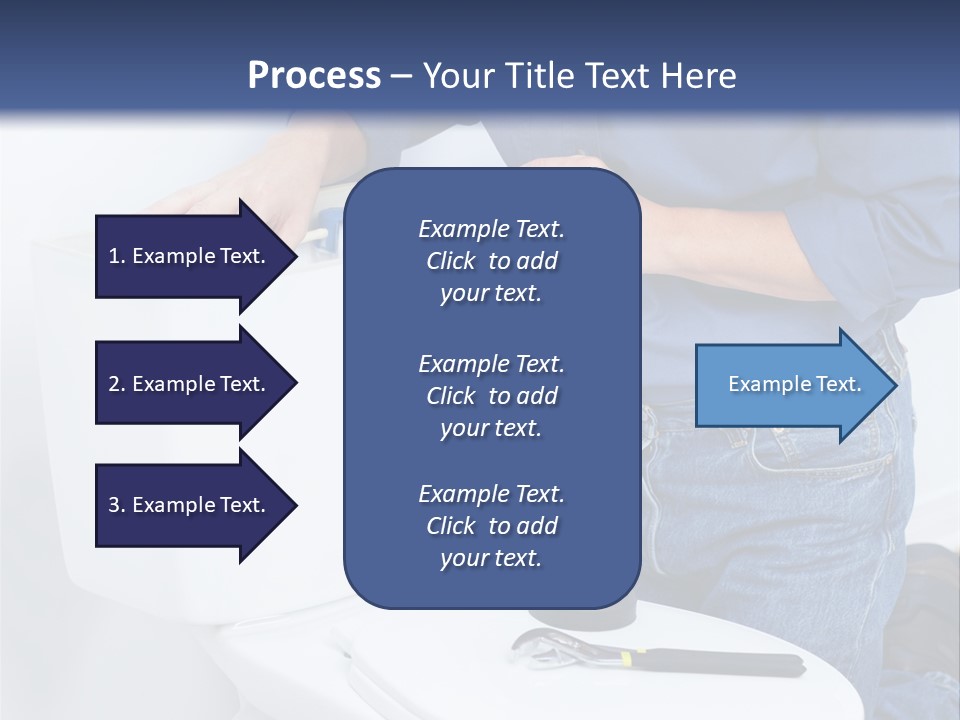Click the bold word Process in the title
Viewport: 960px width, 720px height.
(x=314, y=76)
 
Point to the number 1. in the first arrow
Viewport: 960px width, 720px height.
(x=117, y=256)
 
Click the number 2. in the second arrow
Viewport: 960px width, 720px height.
(x=117, y=384)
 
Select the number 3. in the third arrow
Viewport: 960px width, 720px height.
(x=117, y=505)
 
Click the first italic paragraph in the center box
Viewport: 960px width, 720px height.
(x=491, y=261)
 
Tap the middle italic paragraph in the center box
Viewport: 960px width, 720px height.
(x=491, y=396)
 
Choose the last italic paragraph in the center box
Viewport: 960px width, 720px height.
(x=491, y=526)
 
